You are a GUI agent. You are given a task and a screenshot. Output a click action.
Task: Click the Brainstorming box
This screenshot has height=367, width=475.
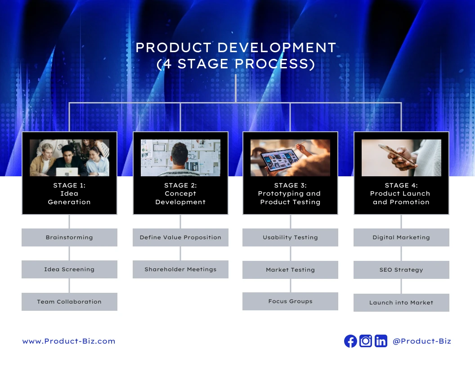click(69, 237)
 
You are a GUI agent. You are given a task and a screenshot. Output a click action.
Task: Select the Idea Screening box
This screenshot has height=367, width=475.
click(69, 269)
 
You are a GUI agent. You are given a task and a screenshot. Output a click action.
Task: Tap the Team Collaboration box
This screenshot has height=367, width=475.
click(69, 302)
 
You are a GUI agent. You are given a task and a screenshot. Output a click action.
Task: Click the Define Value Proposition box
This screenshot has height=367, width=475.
click(180, 237)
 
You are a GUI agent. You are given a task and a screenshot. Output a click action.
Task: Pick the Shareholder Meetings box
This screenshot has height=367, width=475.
click(180, 269)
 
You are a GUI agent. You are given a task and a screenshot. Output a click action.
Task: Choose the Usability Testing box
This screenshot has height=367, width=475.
click(290, 237)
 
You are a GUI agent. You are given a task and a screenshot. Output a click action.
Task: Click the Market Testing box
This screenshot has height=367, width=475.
click(290, 270)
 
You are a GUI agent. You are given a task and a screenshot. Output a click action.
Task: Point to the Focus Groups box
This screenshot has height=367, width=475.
click(290, 301)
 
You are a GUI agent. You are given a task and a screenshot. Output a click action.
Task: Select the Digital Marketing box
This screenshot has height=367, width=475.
click(401, 237)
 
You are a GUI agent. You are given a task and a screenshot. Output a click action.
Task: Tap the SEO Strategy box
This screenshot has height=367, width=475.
click(401, 270)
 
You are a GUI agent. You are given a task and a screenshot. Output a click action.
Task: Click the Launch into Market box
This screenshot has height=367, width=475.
click(401, 303)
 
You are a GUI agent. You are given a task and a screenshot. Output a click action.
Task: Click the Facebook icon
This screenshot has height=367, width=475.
click(350, 341)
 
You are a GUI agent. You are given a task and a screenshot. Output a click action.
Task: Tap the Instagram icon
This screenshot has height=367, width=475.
click(366, 341)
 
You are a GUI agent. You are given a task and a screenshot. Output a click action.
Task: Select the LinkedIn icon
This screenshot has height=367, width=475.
click(381, 341)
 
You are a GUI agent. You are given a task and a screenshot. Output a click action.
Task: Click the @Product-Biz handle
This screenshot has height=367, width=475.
click(421, 341)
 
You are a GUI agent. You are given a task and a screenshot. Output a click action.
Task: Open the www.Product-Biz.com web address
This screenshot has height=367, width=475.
click(69, 341)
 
